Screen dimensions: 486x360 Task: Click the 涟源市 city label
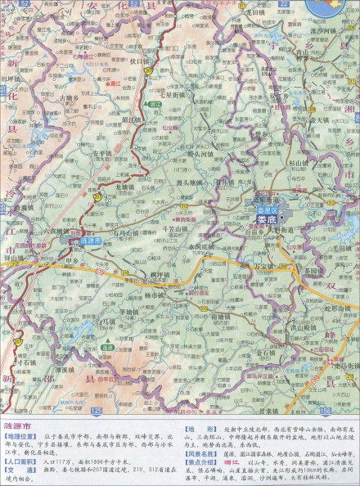coord(91,241)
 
